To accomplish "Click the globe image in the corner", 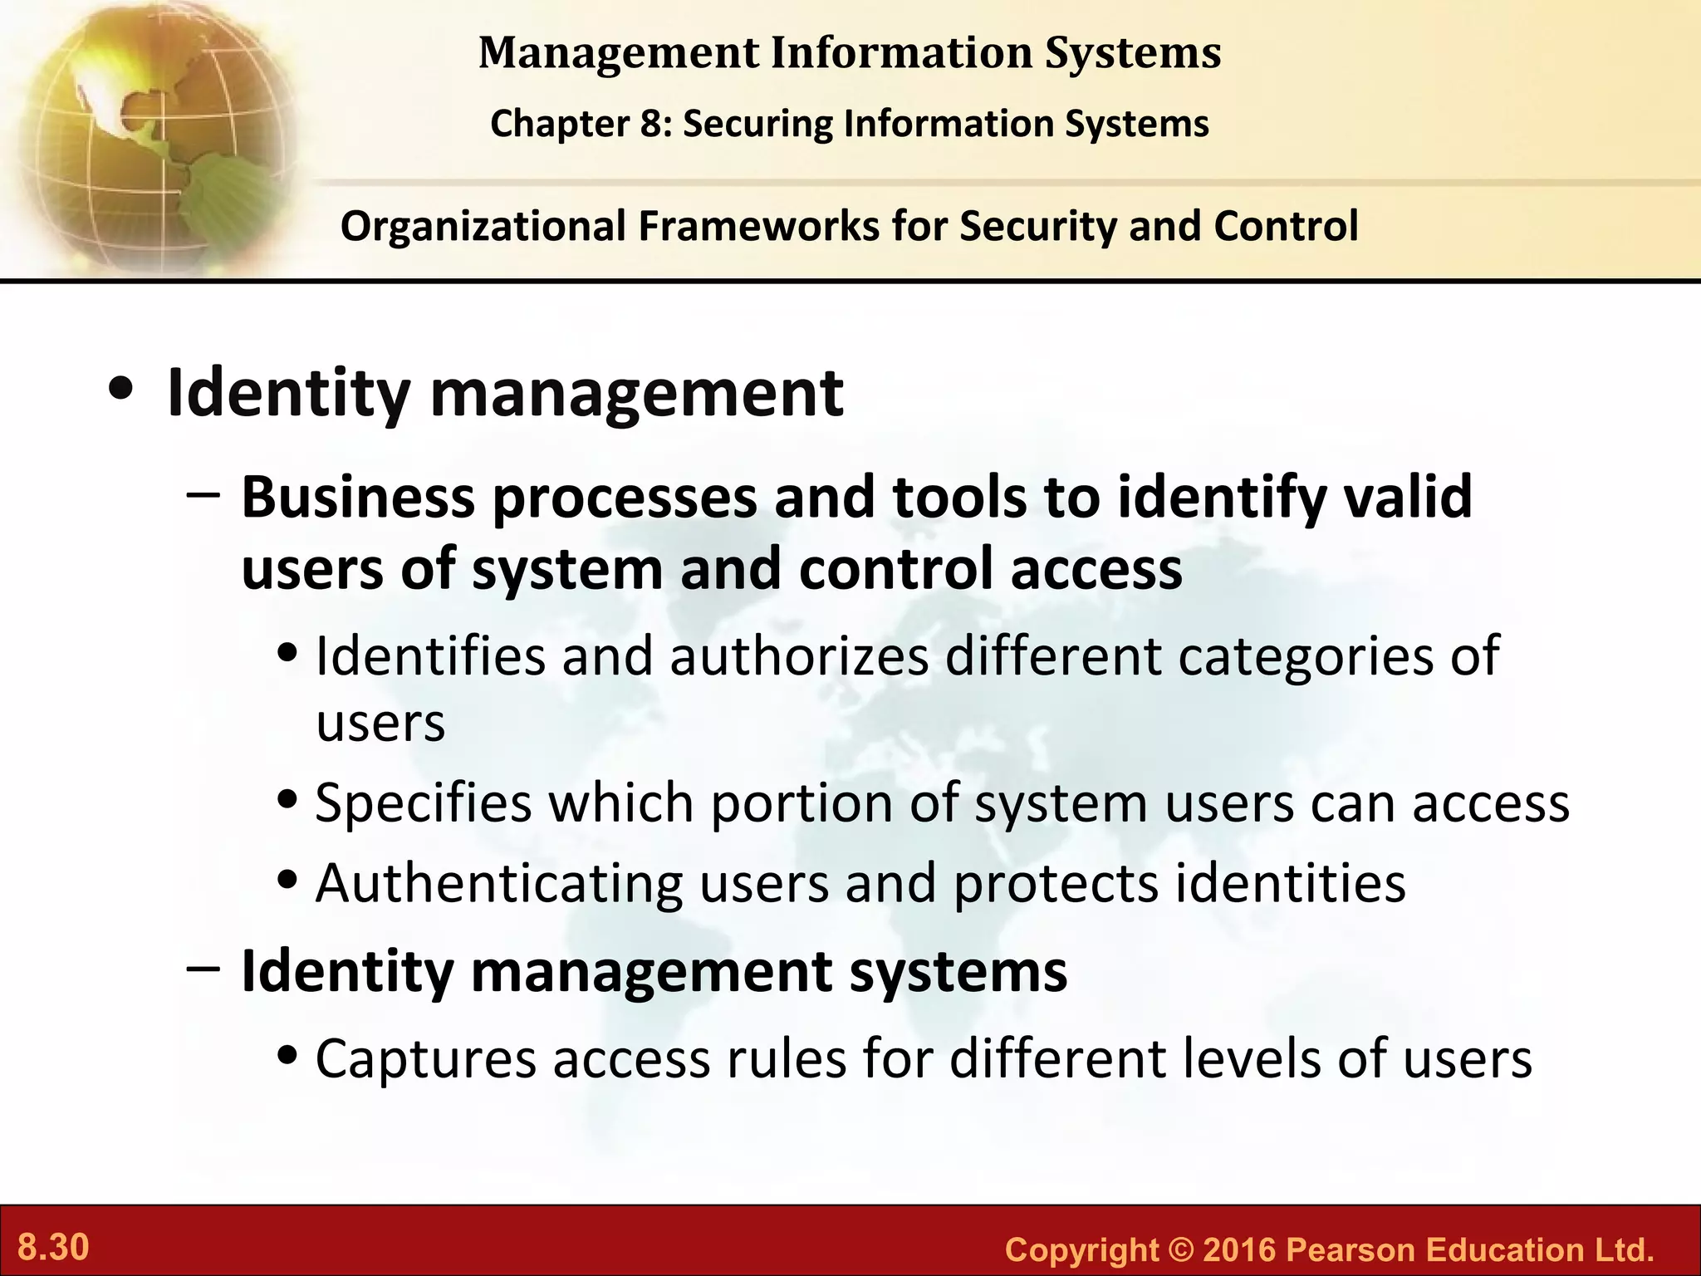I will [150, 133].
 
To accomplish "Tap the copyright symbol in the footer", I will [1180, 1249].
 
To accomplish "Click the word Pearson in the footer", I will [1353, 1249].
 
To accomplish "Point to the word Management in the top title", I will [619, 52].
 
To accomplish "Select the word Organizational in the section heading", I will [483, 226].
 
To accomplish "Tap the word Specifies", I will [423, 803].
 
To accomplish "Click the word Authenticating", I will [499, 882].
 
